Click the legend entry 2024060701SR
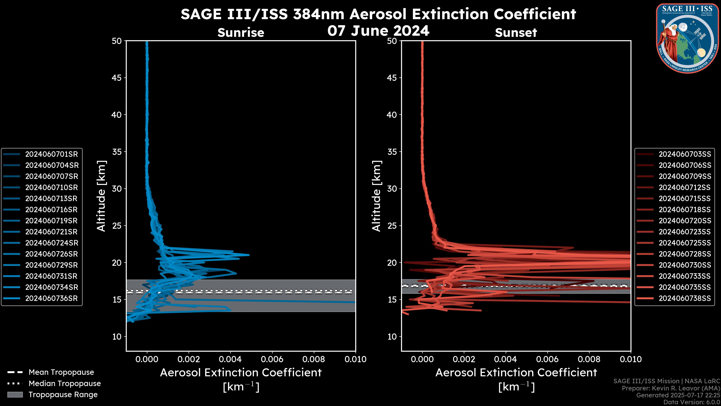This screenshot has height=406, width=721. pyautogui.click(x=51, y=154)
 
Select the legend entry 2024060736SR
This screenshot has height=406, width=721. pyautogui.click(x=51, y=298)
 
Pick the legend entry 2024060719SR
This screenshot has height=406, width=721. pyautogui.click(x=51, y=221)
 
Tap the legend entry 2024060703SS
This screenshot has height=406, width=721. pyautogui.click(x=685, y=154)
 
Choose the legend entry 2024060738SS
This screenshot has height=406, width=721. pyautogui.click(x=685, y=298)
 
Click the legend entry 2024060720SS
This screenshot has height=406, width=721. pyautogui.click(x=685, y=221)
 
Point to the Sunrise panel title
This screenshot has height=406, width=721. pyautogui.click(x=241, y=33)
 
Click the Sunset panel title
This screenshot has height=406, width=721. pyautogui.click(x=516, y=33)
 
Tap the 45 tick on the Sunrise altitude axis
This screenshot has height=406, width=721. pyautogui.click(x=117, y=78)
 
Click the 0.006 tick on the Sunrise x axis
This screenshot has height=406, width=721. pyautogui.click(x=272, y=359)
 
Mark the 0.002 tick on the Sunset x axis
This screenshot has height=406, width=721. pyautogui.click(x=464, y=359)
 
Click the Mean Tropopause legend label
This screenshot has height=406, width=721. pyautogui.click(x=61, y=372)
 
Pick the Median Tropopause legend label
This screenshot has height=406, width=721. pyautogui.click(x=65, y=384)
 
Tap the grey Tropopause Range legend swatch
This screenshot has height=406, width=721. pyautogui.click(x=15, y=395)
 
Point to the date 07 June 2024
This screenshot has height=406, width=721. pyautogui.click(x=378, y=31)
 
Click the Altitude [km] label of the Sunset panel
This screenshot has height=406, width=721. pyautogui.click(x=377, y=196)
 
